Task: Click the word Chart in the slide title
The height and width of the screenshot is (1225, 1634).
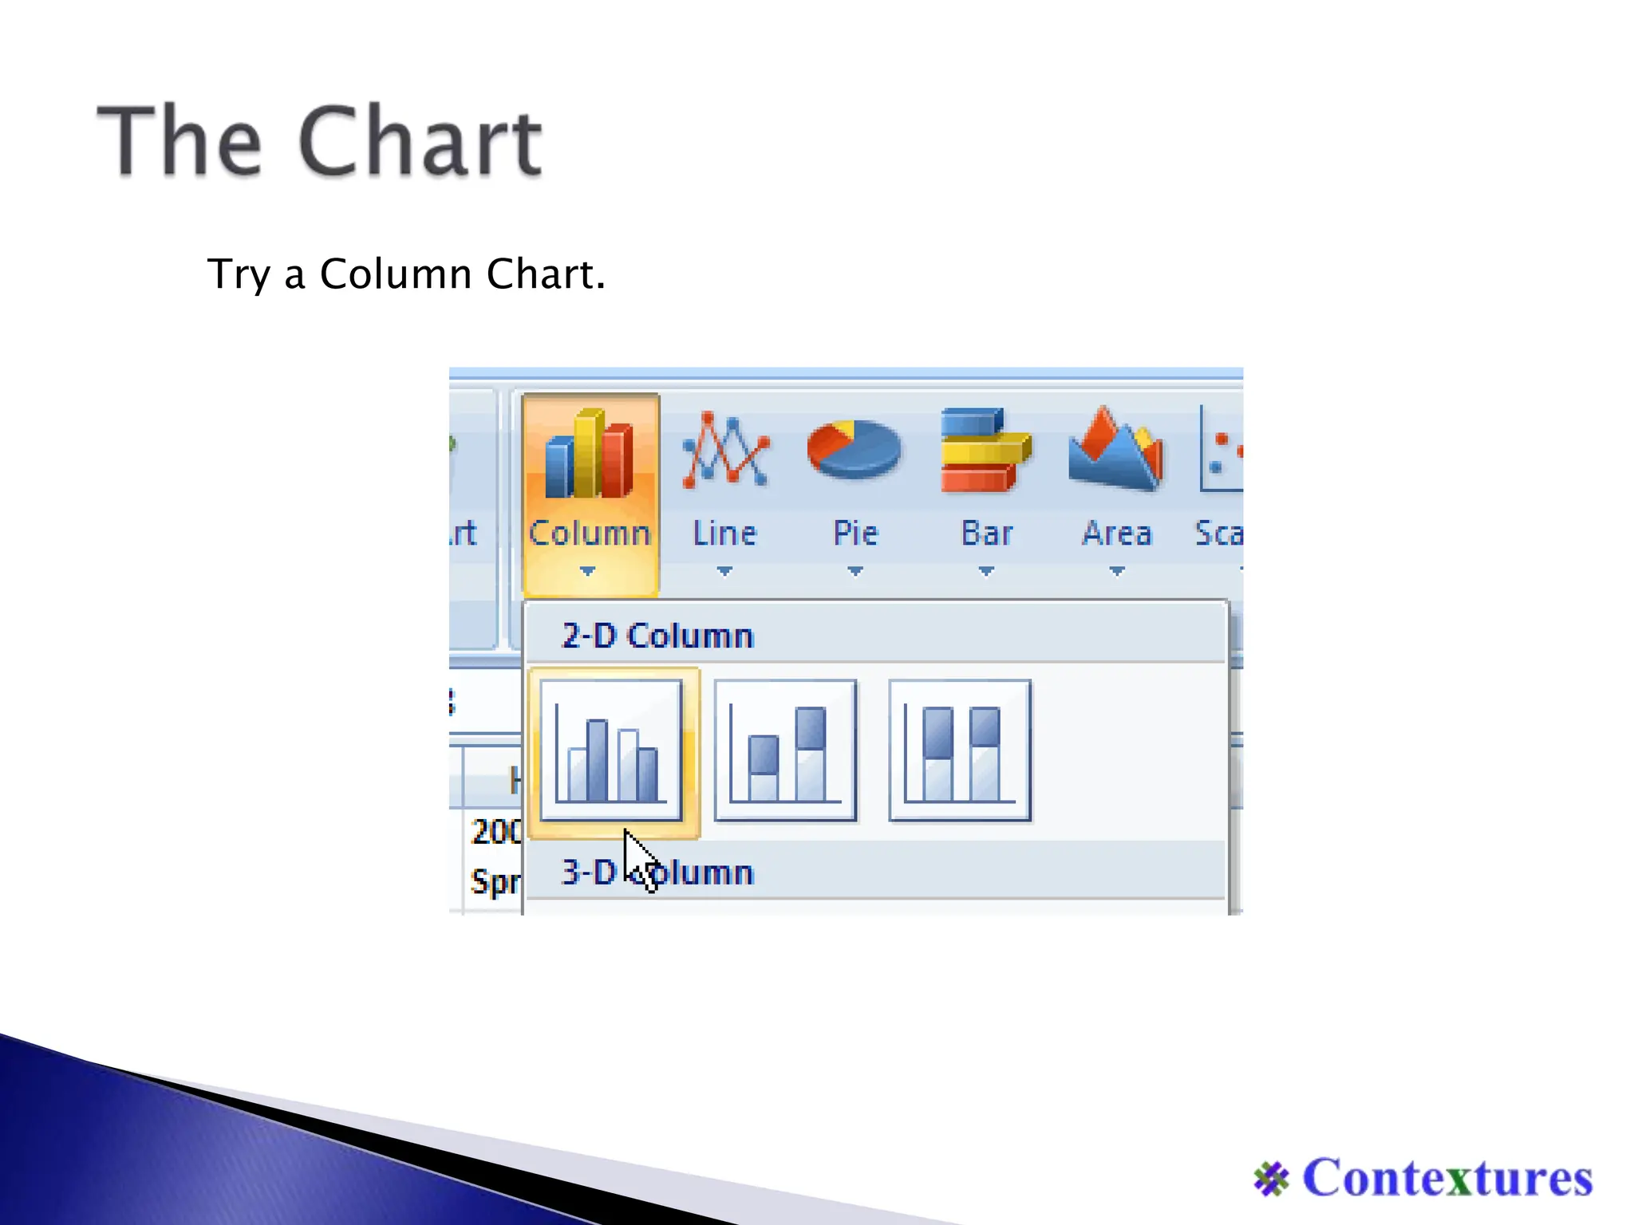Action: (420, 141)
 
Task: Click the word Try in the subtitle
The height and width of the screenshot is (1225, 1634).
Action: (239, 274)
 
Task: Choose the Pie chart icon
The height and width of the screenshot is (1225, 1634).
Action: (854, 449)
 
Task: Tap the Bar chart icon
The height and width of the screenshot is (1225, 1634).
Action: (985, 451)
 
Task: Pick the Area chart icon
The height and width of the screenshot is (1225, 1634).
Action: (1116, 449)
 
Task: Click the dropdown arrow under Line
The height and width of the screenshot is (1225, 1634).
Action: (724, 571)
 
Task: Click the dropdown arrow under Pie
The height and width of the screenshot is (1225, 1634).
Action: (855, 571)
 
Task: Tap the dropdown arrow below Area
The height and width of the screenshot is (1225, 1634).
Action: (1117, 571)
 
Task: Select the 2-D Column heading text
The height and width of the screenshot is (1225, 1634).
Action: (657, 636)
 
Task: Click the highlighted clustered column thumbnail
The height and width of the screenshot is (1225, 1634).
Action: (611, 750)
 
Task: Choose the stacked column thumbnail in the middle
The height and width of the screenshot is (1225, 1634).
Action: (785, 750)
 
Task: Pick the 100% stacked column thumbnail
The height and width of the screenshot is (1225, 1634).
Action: (960, 750)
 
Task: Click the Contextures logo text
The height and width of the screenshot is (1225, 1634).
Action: (1447, 1178)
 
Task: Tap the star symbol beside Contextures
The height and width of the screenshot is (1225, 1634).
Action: (1271, 1179)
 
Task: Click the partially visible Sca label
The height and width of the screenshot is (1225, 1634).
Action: (1218, 533)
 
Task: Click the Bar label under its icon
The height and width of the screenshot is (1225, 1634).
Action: (987, 533)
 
